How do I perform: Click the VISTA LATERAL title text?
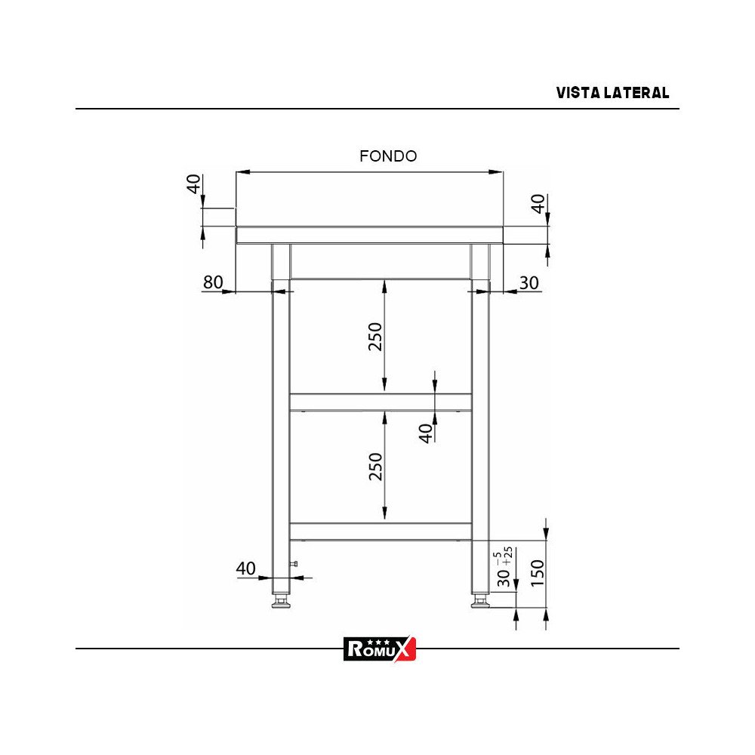[x=612, y=93]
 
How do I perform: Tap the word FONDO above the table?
[x=388, y=156]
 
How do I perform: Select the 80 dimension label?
[x=213, y=282]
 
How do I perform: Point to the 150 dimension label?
[x=537, y=575]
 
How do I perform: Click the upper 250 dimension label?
[x=375, y=337]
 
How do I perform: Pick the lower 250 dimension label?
[x=375, y=466]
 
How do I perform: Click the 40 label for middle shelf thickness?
[x=427, y=433]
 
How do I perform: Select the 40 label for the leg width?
[x=246, y=569]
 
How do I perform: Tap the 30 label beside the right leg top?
[x=529, y=282]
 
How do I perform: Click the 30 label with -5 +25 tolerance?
[x=504, y=577]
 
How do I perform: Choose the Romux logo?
[x=380, y=649]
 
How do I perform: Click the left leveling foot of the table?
[x=281, y=602]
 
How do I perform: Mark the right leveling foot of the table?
[x=479, y=602]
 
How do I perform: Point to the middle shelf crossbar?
[x=381, y=401]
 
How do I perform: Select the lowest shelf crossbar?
[x=381, y=531]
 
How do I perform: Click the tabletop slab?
[x=369, y=235]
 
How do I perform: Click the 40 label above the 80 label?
[x=194, y=183]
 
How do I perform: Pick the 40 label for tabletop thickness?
[x=538, y=204]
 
